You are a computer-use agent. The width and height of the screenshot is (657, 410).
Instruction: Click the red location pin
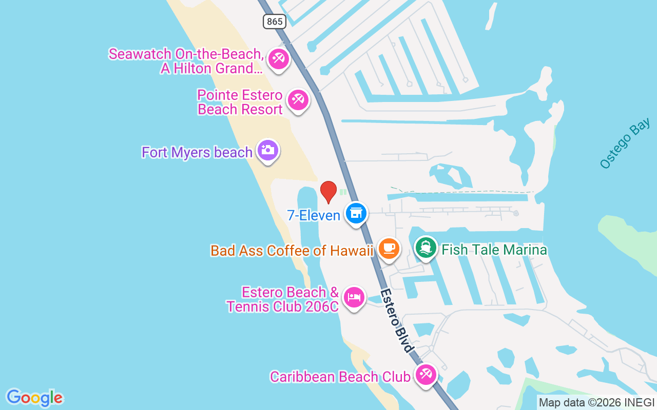tap(328, 191)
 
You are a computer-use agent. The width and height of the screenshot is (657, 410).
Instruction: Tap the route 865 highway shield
tap(275, 21)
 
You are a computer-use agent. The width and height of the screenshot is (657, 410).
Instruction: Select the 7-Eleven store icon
tap(356, 212)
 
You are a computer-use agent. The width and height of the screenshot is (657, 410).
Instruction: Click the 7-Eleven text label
tap(314, 215)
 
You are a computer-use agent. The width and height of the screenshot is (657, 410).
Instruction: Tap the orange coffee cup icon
tap(389, 249)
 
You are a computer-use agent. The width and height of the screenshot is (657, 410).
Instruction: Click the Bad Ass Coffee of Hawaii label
tap(292, 251)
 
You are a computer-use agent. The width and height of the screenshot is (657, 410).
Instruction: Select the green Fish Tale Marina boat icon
tap(426, 248)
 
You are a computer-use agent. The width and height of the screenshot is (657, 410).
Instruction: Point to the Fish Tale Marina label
tap(494, 250)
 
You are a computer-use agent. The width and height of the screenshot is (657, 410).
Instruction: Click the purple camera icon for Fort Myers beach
tap(267, 150)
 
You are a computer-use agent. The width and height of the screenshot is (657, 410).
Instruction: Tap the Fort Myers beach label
tap(197, 152)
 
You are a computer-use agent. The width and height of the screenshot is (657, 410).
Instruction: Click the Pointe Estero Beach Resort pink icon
tap(298, 99)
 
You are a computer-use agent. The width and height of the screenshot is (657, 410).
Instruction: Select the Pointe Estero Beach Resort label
tap(240, 102)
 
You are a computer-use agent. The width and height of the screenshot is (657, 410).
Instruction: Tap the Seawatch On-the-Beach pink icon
tap(279, 58)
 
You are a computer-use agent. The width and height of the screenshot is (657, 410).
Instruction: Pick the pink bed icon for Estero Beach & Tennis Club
tap(354, 296)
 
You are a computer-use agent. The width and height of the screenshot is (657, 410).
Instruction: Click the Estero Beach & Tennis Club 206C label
tap(283, 299)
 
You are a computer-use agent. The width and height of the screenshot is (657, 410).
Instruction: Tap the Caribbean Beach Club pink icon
tap(426, 375)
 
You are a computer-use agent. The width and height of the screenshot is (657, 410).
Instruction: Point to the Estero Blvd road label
tap(397, 320)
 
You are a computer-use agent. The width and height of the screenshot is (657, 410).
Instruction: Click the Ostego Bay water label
tap(625, 143)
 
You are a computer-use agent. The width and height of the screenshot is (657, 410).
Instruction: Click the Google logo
tap(35, 398)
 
